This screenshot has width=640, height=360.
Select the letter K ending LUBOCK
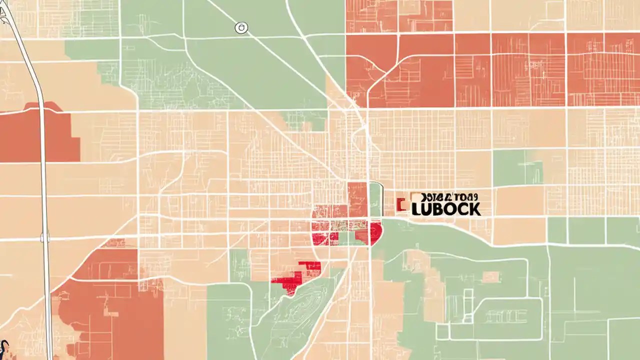474,209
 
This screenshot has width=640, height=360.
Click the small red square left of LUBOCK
399,204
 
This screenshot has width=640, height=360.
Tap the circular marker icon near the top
241,28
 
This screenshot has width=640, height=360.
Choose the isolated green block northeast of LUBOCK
517,167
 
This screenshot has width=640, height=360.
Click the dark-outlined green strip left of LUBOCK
375,199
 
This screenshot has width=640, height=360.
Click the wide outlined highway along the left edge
42,150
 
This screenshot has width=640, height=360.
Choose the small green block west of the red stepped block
239,265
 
